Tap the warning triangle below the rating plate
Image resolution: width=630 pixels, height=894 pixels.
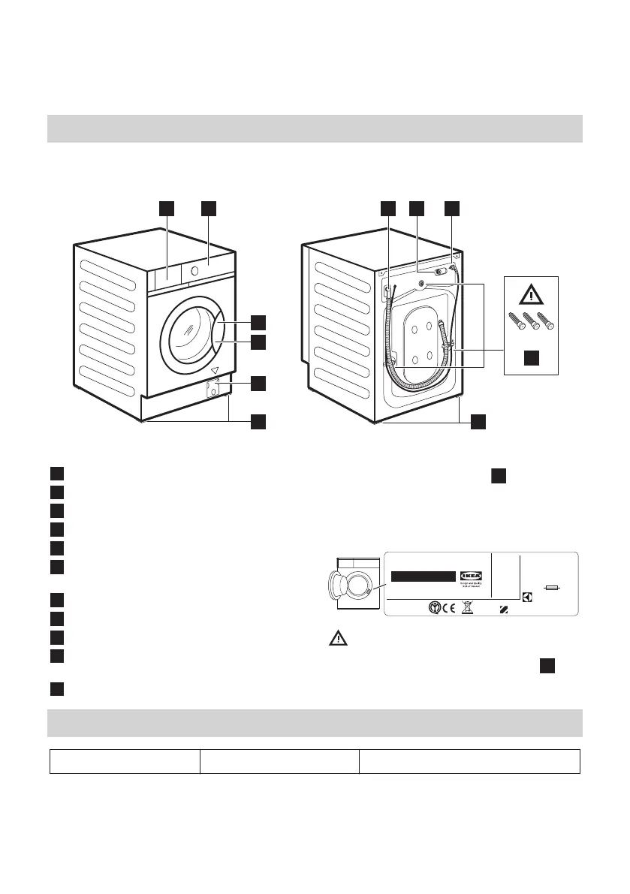click(x=339, y=639)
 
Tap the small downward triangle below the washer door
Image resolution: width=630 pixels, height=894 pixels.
click(x=214, y=371)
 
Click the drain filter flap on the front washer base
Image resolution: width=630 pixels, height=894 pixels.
click(x=213, y=390)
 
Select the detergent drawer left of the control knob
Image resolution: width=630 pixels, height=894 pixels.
click(x=165, y=276)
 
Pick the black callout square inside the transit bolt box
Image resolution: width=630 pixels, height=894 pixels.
click(x=531, y=358)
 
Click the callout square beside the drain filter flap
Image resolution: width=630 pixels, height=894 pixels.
click(x=258, y=383)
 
